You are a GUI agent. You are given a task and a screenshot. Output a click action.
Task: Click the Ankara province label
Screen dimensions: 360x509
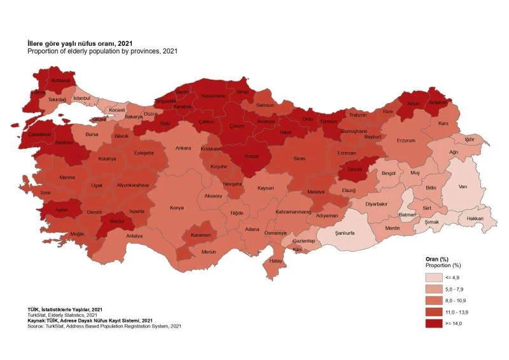pos(183,148)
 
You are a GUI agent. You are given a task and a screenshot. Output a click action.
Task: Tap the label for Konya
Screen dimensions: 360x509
pos(176,207)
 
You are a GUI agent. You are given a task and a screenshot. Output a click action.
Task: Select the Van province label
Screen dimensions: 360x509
pos(463,187)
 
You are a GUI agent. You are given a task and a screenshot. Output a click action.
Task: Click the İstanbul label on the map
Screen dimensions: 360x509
pos(82,98)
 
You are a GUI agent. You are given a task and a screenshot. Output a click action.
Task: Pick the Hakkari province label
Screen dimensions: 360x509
pos(475,218)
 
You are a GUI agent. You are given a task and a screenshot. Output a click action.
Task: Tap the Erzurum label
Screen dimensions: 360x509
pos(405,141)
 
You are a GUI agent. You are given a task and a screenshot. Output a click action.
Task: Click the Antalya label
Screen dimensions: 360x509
pos(134,236)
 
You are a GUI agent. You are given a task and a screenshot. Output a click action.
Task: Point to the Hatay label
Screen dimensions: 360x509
pos(275,261)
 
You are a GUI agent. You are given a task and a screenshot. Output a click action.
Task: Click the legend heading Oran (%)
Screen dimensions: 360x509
pos(437,259)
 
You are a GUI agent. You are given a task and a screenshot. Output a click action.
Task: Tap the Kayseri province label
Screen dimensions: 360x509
pos(265,188)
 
